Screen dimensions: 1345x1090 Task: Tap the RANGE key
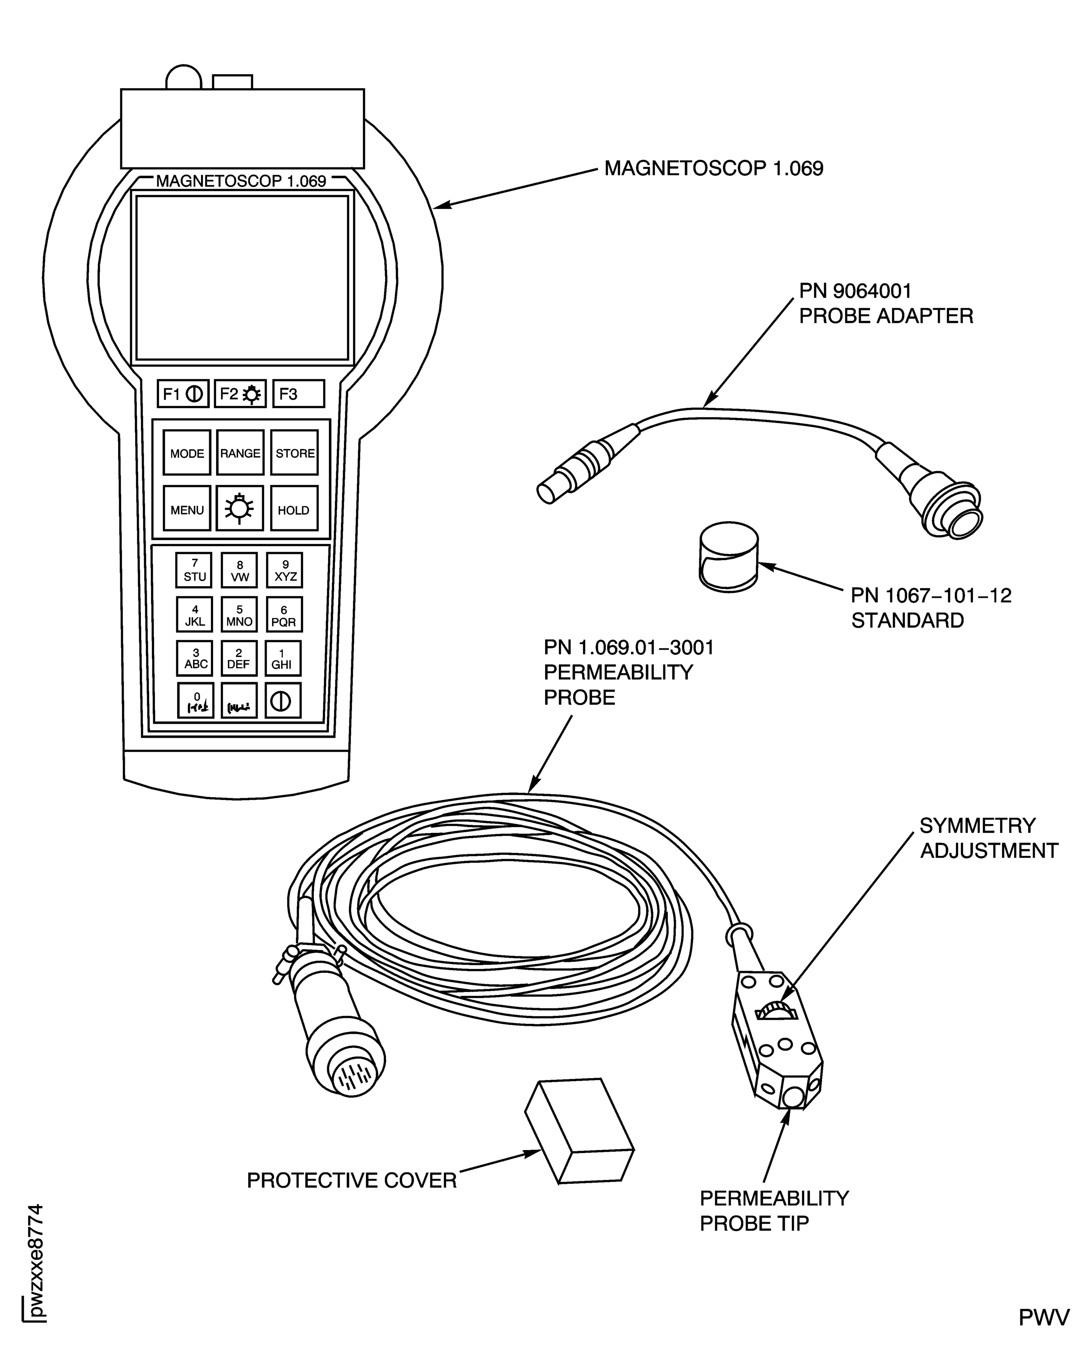[240, 452]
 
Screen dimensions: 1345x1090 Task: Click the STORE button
[294, 452]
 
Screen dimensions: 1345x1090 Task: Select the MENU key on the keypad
[187, 509]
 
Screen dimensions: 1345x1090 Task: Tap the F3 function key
[298, 393]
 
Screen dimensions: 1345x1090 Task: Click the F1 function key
[183, 393]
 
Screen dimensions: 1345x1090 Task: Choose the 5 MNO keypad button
[239, 614]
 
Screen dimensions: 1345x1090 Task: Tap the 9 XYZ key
[285, 570]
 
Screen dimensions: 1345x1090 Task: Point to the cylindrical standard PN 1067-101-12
[728, 557]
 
